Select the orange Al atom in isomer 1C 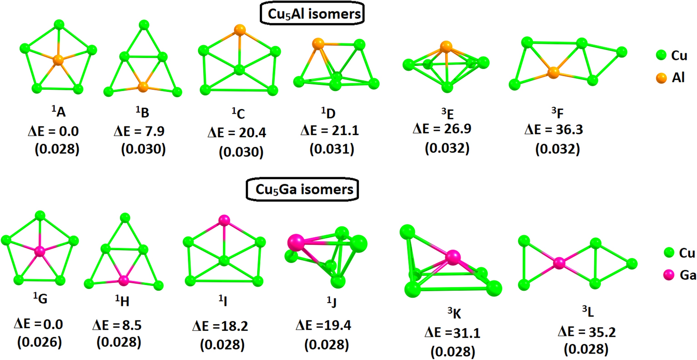pyautogui.click(x=239, y=30)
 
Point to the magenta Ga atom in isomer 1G pyautogui.click(x=40, y=251)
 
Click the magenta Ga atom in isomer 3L pyautogui.click(x=559, y=263)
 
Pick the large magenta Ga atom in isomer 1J pyautogui.click(x=296, y=242)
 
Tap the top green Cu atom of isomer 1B pyautogui.click(x=144, y=25)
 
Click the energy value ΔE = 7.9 pyautogui.click(x=139, y=131)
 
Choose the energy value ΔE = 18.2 pyautogui.click(x=220, y=326)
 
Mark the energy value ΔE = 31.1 pyautogui.click(x=453, y=333)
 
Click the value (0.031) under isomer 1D pyautogui.click(x=332, y=149)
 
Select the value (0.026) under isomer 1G pyautogui.click(x=40, y=342)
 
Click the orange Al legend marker pyautogui.click(x=661, y=78)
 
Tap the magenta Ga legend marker pyautogui.click(x=668, y=275)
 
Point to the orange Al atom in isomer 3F pyautogui.click(x=553, y=72)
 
